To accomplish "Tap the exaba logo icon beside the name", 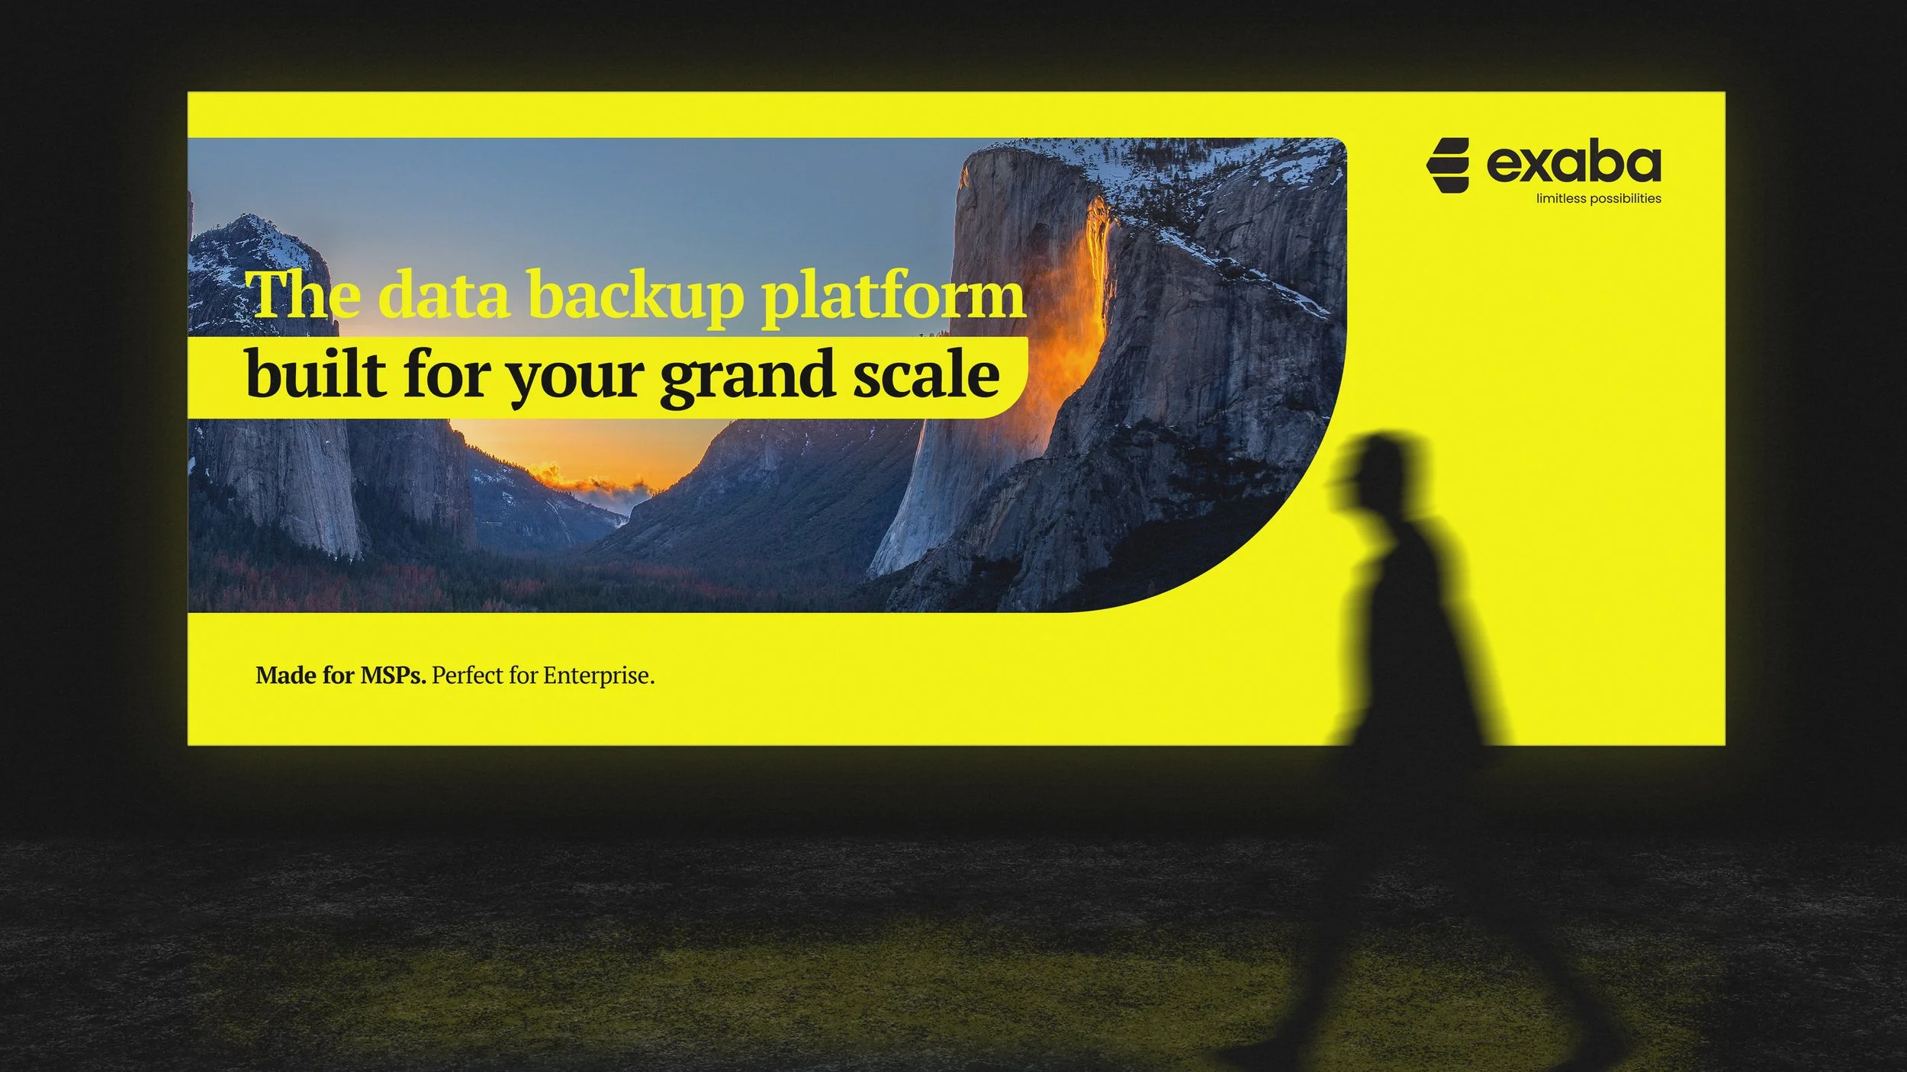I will pos(1447,165).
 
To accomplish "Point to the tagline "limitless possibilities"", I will pos(1598,199).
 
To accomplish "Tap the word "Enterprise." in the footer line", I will pos(599,676).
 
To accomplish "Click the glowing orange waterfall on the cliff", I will pos(1087,305).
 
